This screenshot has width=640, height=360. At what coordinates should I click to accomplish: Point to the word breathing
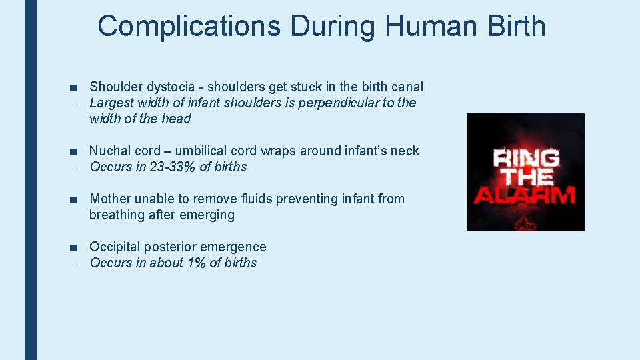(x=117, y=215)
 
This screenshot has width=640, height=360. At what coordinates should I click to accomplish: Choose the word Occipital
(x=116, y=247)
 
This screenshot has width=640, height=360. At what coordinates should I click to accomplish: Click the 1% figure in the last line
(x=196, y=263)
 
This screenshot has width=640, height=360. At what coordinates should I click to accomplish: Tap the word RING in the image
(x=526, y=159)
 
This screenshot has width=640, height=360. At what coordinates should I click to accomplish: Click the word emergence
(x=236, y=247)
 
